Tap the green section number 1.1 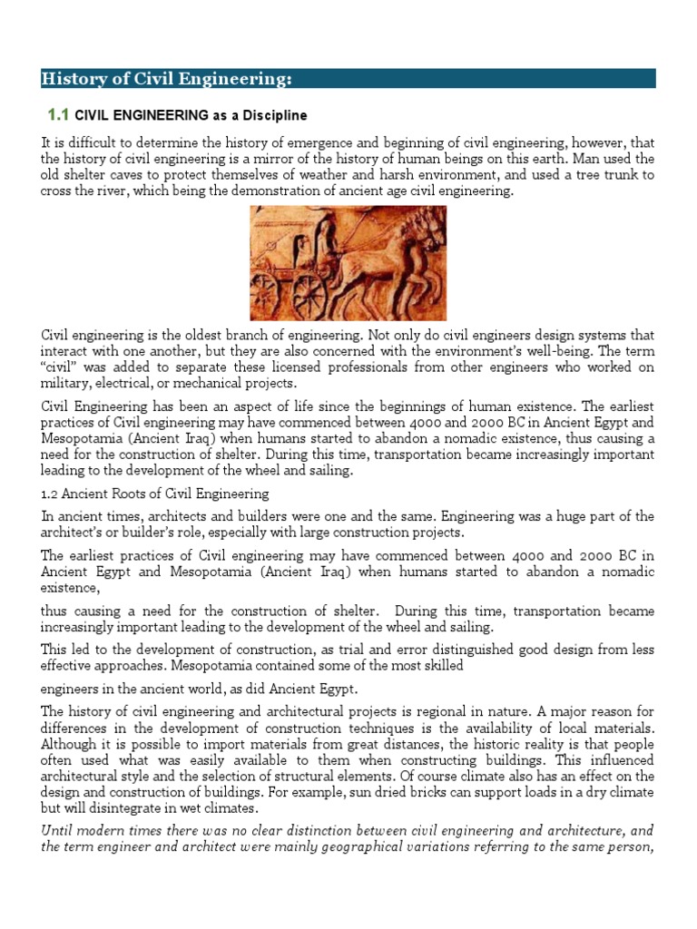tap(57, 115)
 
